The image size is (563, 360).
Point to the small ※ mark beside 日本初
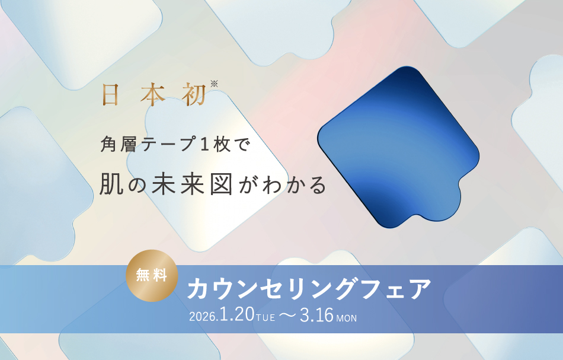coord(214,84)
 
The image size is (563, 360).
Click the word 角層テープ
coord(145,145)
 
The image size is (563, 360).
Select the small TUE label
coord(265,318)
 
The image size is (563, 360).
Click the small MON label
coord(346,318)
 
